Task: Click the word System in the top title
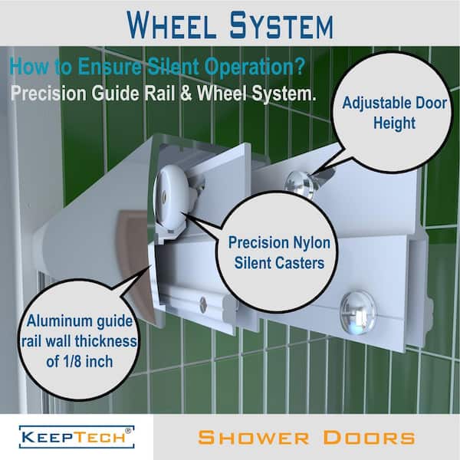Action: coord(281,25)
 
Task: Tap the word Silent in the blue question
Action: coord(172,67)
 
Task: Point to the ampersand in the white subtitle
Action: coord(186,94)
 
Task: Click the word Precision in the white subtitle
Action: coord(49,94)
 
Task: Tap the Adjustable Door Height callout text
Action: coord(394,113)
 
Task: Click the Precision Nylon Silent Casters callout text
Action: coord(279,252)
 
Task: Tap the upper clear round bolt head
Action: coord(299,184)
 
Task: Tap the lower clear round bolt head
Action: coord(357,313)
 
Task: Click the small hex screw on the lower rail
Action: coord(203,304)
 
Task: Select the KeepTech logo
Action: coord(77,437)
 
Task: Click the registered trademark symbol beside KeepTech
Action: coord(128,431)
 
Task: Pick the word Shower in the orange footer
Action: coord(254,438)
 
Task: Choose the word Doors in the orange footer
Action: coord(369,438)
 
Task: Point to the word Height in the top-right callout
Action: coord(394,123)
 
